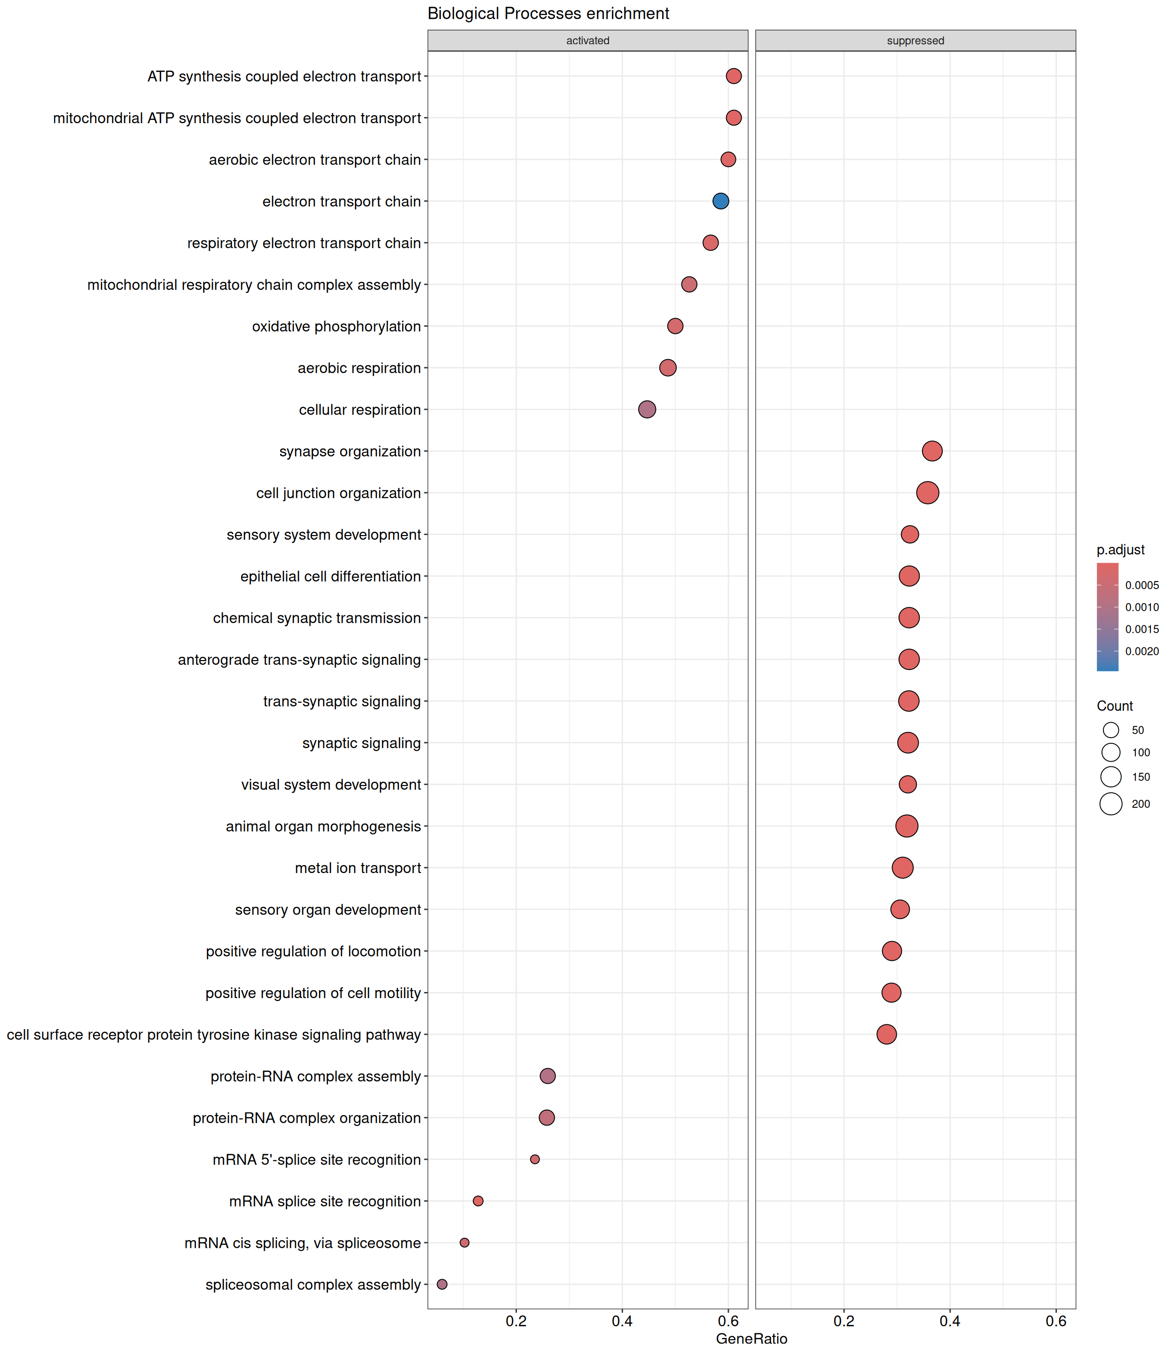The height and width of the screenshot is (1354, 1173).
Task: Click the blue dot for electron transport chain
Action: pos(720,201)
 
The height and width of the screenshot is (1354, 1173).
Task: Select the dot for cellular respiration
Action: pos(647,409)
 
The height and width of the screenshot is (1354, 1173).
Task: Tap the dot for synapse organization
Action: pos(932,451)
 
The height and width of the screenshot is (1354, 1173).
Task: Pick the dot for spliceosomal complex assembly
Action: pos(442,1284)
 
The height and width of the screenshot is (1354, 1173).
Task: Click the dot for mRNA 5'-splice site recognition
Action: pos(535,1159)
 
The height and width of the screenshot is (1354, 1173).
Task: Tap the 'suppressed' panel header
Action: pos(915,40)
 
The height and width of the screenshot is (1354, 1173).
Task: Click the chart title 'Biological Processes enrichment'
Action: pos(548,14)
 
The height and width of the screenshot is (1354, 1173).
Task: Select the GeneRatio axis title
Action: pos(751,1338)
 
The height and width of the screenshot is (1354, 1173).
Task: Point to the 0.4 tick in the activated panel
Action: pos(622,1321)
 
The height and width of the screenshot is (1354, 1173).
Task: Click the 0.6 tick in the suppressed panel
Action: pos(1056,1321)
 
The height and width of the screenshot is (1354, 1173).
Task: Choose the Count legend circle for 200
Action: pos(1111,803)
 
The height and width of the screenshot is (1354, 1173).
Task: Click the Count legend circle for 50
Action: pos(1111,730)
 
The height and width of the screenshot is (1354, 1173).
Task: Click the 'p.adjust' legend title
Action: pos(1121,550)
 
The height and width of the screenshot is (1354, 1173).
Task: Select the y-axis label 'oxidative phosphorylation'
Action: pos(336,326)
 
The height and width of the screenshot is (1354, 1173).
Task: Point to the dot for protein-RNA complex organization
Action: pos(547,1117)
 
